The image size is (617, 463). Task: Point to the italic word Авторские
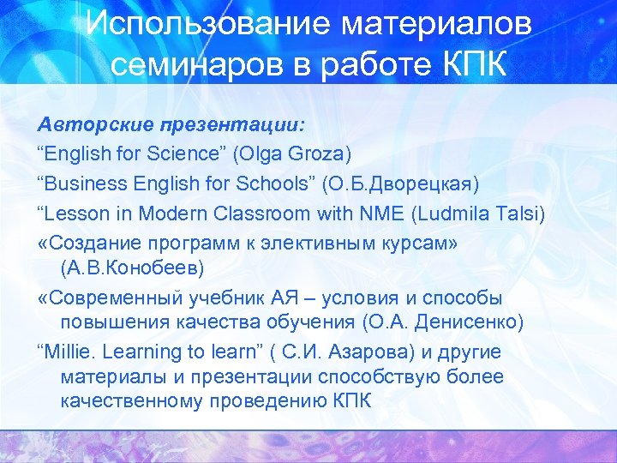pyautogui.click(x=93, y=124)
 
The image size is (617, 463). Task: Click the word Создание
pyautogui.click(x=92, y=242)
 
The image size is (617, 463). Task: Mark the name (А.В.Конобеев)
pyautogui.click(x=133, y=268)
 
